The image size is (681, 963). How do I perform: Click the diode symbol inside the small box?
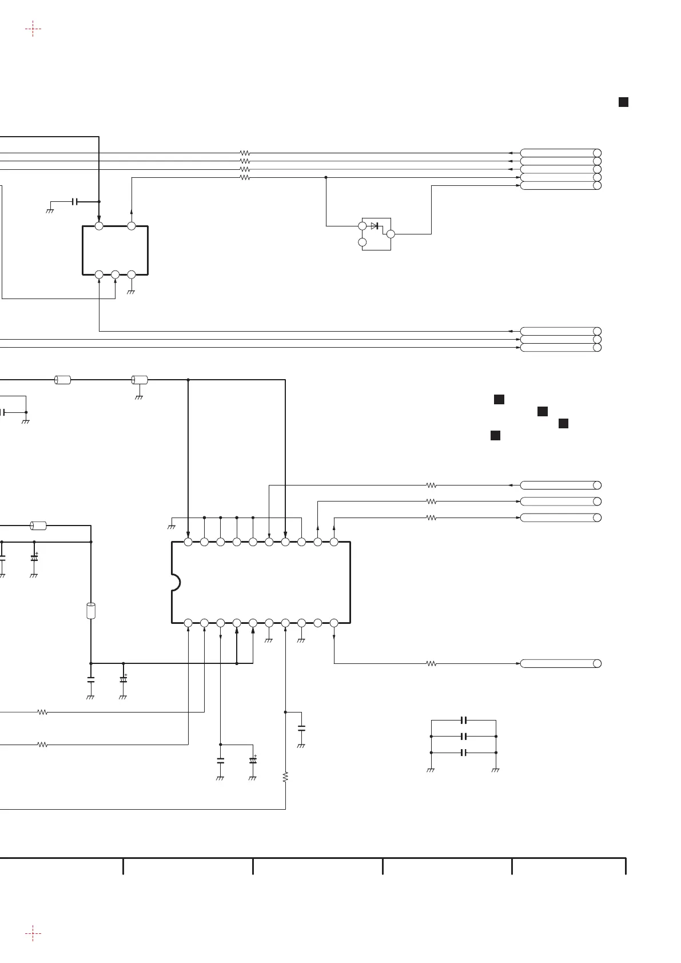pos(375,226)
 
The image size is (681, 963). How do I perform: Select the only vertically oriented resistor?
pos(285,777)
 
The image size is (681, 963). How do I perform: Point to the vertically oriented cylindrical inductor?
pos(90,610)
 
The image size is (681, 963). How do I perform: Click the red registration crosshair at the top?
pos(33,28)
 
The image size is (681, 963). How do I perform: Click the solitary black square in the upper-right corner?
pos(623,102)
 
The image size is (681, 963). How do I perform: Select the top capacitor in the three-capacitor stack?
pos(464,720)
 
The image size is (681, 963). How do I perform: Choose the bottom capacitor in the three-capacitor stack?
pos(464,753)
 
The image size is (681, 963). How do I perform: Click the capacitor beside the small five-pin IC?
pos(75,202)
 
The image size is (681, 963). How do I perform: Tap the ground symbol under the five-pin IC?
pos(132,292)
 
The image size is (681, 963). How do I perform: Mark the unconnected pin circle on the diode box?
pos(362,242)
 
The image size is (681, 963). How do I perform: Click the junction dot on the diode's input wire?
pos(326,177)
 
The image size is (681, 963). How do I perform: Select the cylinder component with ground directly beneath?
pos(140,380)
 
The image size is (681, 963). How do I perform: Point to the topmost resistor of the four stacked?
pos(245,153)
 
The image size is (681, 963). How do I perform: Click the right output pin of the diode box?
pos(391,234)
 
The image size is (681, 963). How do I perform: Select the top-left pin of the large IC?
pos(188,542)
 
